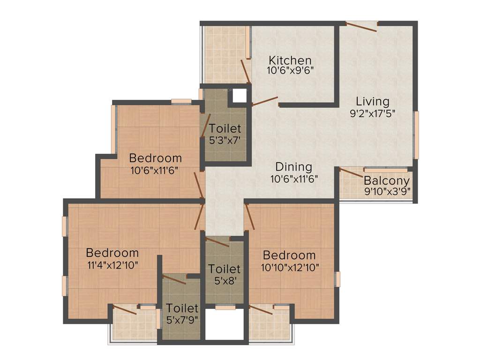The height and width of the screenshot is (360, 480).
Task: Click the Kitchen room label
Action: point(290,60)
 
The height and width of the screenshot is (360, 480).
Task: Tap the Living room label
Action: point(372,101)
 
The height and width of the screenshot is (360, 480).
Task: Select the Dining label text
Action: point(293,167)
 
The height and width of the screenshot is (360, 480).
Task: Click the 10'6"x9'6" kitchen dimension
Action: point(290,71)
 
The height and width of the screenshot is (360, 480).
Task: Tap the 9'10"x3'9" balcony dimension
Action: point(387,191)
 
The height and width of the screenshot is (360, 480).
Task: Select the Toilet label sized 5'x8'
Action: point(225,269)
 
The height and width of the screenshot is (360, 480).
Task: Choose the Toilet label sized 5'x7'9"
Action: point(183,308)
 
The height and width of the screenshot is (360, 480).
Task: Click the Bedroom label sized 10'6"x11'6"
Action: point(155,157)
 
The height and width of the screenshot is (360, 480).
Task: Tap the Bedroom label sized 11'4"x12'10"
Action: point(112,253)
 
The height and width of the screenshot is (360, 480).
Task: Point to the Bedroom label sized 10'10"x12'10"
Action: point(289,255)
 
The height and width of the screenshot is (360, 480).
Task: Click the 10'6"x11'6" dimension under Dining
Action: point(294,178)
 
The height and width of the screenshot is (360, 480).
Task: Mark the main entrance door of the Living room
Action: point(361,27)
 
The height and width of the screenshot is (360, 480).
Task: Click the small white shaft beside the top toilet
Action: point(240,96)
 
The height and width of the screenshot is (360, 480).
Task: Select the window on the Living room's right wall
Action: point(416,135)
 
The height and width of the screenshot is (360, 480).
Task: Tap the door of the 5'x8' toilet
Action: point(217,242)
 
